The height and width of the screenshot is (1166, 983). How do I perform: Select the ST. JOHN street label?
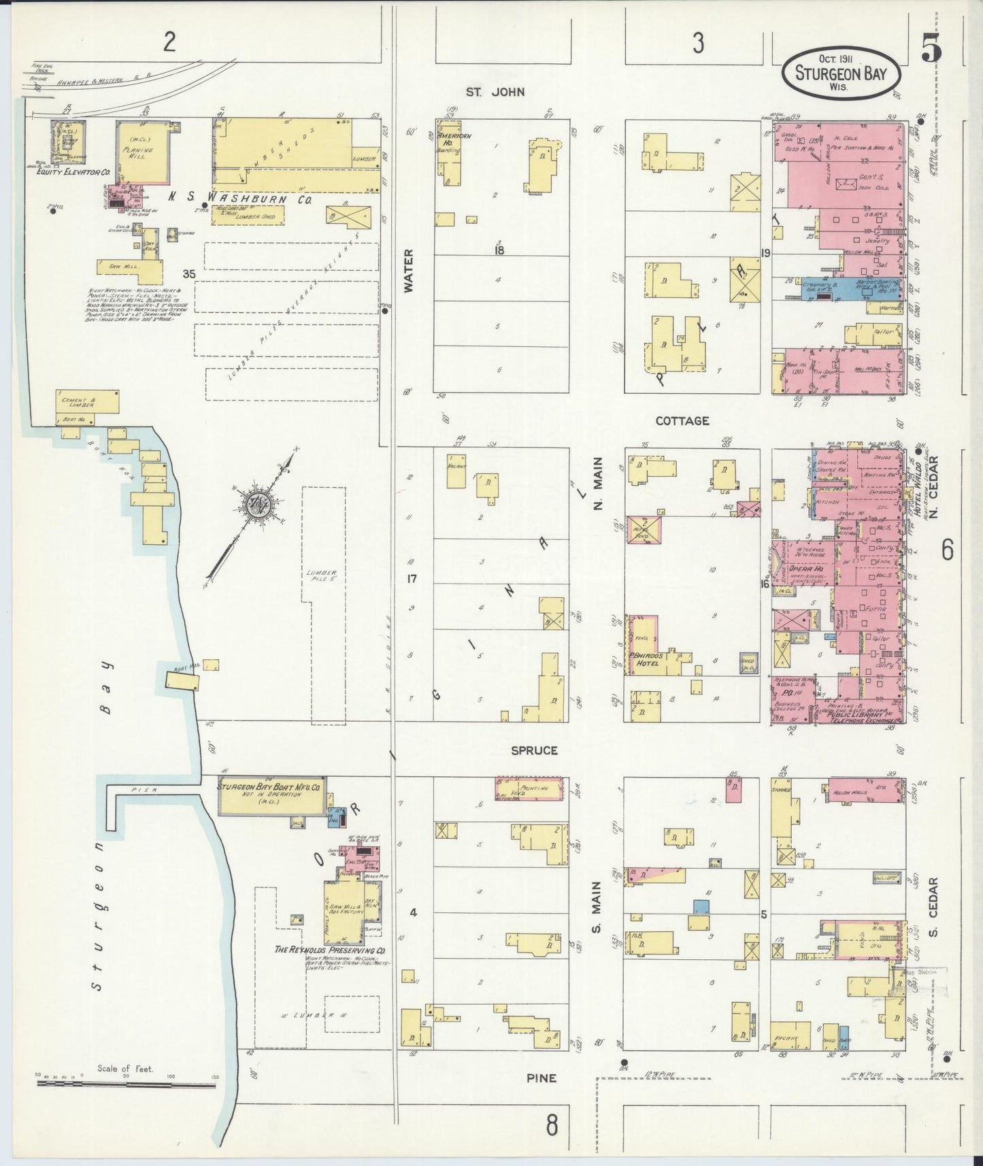tap(495, 92)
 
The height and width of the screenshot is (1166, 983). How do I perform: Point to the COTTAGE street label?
tap(682, 421)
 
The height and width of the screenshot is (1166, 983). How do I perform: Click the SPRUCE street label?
tap(535, 750)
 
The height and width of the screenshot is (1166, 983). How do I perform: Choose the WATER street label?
tap(408, 270)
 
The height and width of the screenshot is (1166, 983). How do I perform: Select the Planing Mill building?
tap(143, 153)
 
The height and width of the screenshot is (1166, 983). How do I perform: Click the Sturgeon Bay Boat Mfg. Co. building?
tap(271, 795)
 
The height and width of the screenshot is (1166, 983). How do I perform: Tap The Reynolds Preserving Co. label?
tap(330, 950)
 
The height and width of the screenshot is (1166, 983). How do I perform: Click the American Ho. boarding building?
tap(449, 153)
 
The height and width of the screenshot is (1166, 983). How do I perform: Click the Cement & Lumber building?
tap(87, 402)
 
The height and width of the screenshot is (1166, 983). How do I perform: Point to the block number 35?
tap(188, 274)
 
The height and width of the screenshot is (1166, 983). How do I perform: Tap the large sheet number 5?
tap(931, 48)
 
